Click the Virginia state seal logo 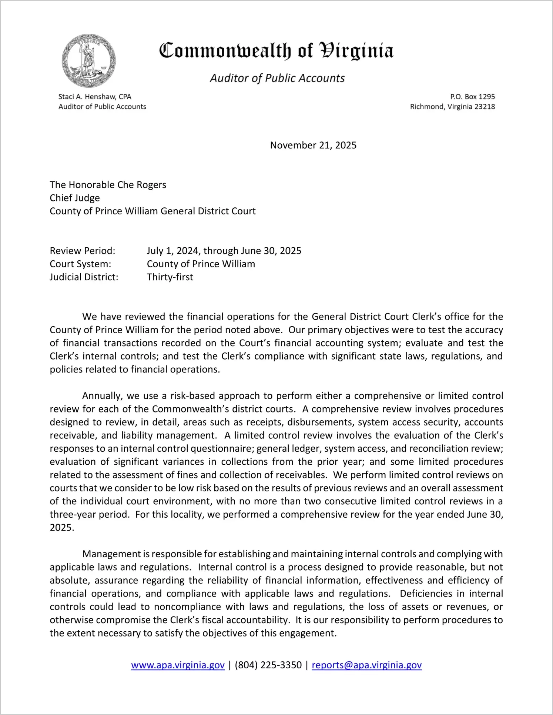coord(89,61)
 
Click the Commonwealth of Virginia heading coord(276,51)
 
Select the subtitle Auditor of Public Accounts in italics coord(277,78)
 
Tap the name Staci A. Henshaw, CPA coord(95,97)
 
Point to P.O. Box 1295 coord(472,97)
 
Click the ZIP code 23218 coord(485,107)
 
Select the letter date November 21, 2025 coord(313,145)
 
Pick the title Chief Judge coord(75,198)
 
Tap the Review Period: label coord(83,251)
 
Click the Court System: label coord(80,264)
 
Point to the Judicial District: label coord(84,277)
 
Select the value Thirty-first coord(170,277)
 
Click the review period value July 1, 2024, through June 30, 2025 coord(224,251)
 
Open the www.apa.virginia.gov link coord(178,665)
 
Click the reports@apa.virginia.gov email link coord(366,665)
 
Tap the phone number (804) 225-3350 coord(268,665)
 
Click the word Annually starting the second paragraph coord(102,396)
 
